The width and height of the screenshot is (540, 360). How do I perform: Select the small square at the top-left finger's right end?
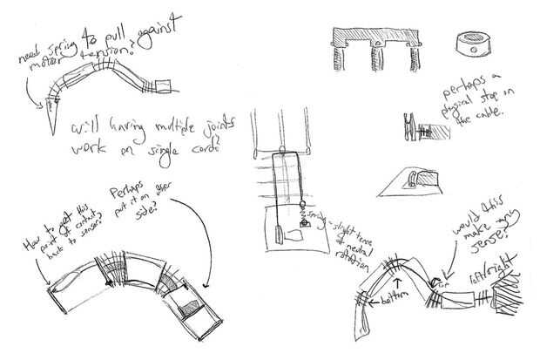point(169,85)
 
